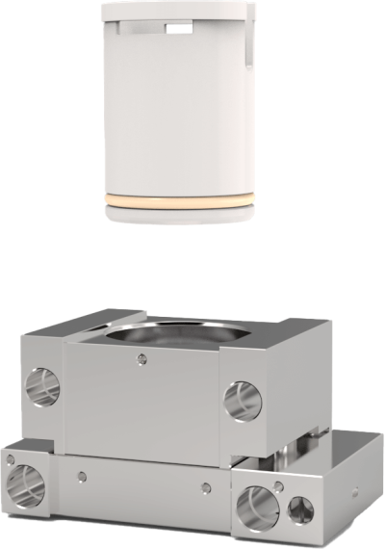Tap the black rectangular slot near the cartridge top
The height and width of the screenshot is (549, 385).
[179, 30]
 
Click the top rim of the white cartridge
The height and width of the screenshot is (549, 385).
[179, 8]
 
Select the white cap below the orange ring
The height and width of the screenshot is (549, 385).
[179, 216]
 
